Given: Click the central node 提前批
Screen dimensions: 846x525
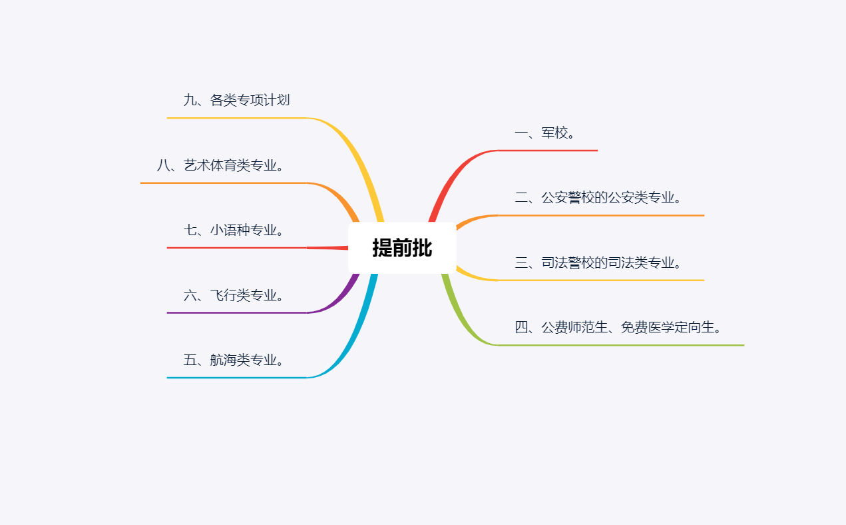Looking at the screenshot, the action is tap(402, 248).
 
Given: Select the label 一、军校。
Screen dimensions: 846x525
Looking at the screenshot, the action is tap(545, 133).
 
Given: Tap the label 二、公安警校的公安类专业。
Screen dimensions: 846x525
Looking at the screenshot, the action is tap(599, 198).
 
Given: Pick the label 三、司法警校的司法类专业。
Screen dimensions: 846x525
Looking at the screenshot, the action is tap(599, 263).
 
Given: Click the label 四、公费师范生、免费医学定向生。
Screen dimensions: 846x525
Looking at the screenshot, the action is tap(619, 328).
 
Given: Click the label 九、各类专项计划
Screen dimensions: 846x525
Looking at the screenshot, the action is tap(236, 101).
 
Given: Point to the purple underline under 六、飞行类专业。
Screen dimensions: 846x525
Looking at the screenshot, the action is tap(236, 312).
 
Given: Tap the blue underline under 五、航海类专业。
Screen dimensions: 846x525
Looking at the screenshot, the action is tap(236, 378).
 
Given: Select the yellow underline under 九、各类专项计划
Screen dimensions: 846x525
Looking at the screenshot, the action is tap(236, 118).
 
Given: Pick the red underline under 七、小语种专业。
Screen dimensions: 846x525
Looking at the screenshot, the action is tap(236, 248).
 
